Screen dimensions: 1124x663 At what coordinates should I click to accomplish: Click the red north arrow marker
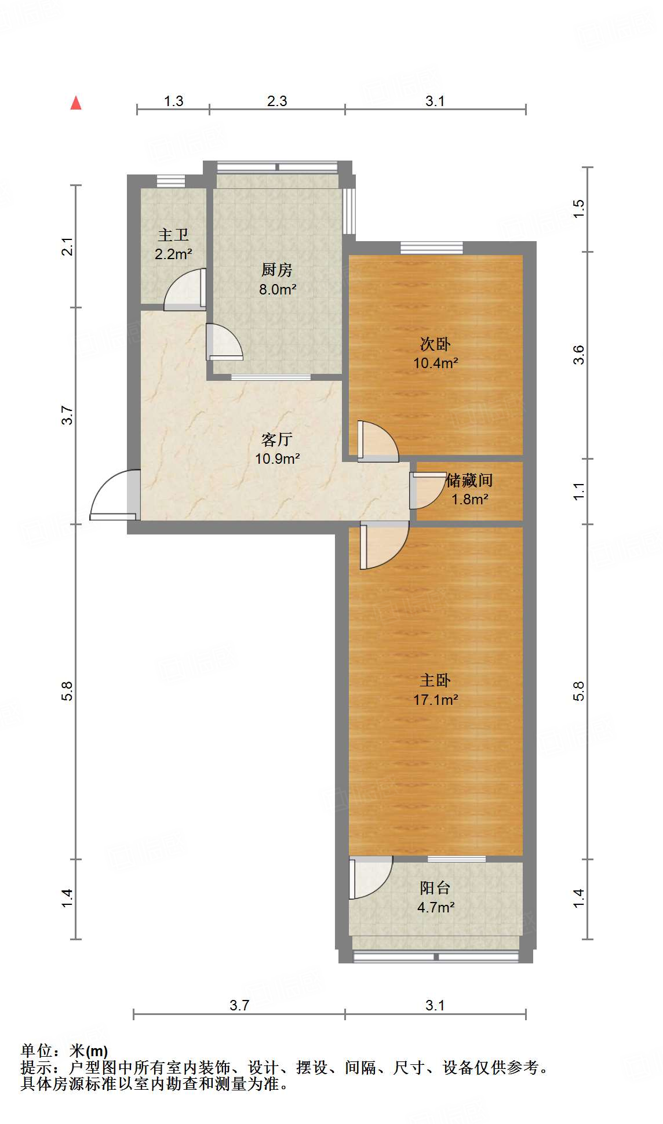click(76, 103)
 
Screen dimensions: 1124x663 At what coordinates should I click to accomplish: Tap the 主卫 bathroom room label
click(173, 235)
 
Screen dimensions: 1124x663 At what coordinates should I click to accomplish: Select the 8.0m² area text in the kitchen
click(278, 289)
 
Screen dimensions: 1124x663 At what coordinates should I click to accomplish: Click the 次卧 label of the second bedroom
click(435, 344)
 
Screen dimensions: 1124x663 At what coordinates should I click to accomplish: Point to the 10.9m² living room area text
click(277, 459)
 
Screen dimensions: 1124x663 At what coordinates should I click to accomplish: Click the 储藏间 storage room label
click(469, 480)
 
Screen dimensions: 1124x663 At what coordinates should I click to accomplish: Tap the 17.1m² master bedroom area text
click(435, 700)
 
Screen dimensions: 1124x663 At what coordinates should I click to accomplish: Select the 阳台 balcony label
click(435, 887)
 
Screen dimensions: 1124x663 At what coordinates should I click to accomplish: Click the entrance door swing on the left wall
click(114, 496)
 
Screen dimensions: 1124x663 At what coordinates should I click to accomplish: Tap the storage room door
click(427, 490)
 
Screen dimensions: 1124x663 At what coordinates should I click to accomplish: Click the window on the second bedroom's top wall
click(432, 248)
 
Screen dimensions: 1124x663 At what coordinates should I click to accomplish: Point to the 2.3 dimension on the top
click(277, 101)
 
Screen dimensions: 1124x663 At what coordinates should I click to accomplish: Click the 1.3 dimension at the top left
click(173, 101)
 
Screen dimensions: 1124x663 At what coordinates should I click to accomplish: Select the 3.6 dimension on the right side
click(578, 355)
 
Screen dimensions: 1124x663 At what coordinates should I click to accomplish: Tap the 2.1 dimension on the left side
click(68, 246)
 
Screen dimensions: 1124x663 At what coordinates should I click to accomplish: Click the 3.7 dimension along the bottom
click(239, 1005)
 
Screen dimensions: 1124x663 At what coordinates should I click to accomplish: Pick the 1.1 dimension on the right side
click(578, 492)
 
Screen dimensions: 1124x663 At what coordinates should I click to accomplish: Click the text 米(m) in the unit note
click(89, 1050)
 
